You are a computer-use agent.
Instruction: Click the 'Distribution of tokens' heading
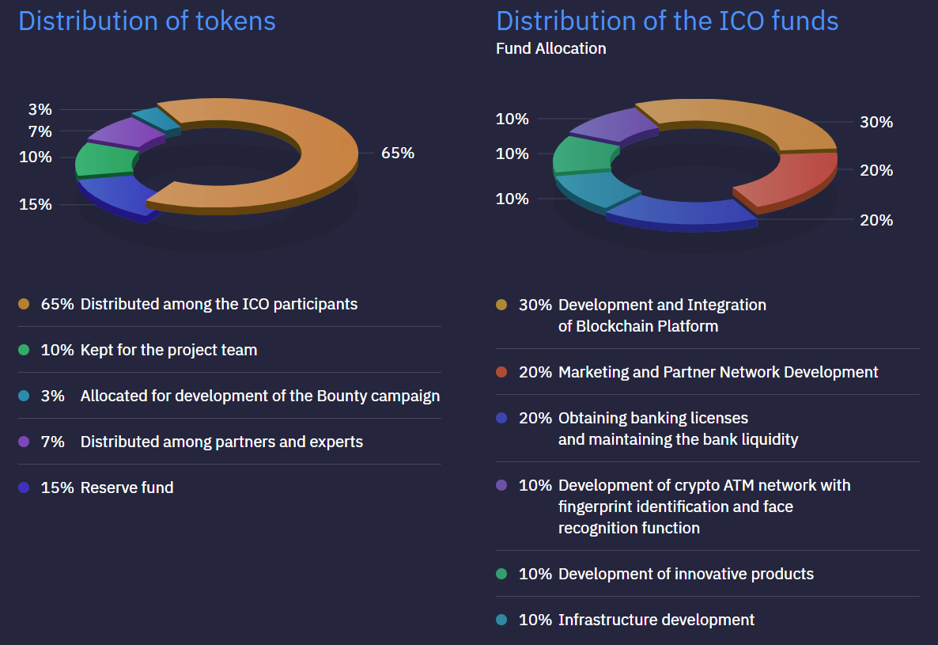pos(147,21)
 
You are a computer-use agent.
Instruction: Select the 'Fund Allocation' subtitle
pos(550,49)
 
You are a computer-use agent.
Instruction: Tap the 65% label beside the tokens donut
pos(398,154)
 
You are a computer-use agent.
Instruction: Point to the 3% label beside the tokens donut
pos(40,109)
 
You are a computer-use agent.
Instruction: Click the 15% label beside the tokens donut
pos(36,204)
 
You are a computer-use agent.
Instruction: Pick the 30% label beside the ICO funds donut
pos(876,123)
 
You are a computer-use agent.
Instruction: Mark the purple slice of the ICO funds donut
pos(609,125)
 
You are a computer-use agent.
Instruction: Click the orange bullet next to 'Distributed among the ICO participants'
pos(24,305)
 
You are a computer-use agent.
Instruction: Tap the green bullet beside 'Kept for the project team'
pos(24,350)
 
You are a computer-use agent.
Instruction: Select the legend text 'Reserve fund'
pos(127,488)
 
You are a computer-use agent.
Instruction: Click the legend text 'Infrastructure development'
pos(656,620)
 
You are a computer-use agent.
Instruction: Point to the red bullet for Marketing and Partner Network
pos(501,372)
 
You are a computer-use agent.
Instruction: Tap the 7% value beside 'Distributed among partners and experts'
pos(52,442)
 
